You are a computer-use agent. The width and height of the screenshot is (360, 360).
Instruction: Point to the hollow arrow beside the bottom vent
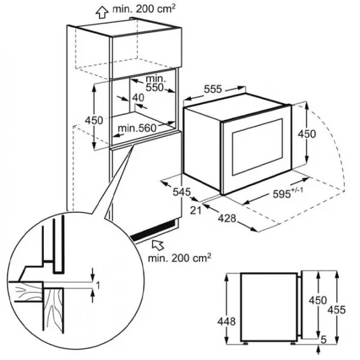[x=158, y=244]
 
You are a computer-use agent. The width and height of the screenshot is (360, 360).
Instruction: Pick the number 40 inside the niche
[x=139, y=98]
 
